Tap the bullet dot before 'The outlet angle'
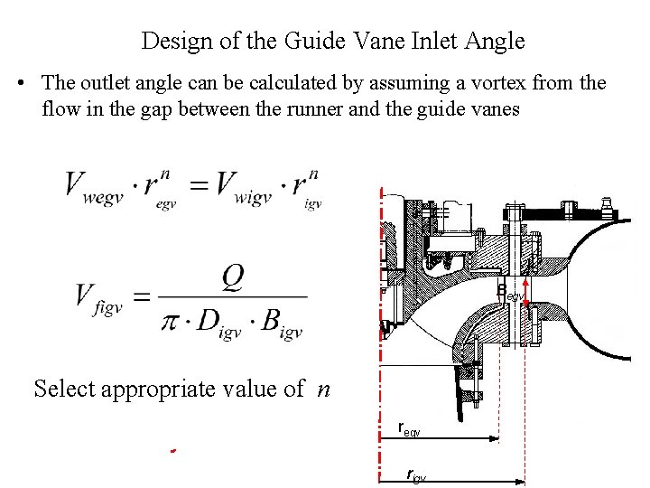tap(21, 83)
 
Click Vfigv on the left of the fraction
tap(99, 297)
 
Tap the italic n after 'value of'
tap(325, 389)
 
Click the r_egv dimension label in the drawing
tap(409, 429)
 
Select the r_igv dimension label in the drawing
tap(415, 475)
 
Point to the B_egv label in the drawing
tap(510, 293)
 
